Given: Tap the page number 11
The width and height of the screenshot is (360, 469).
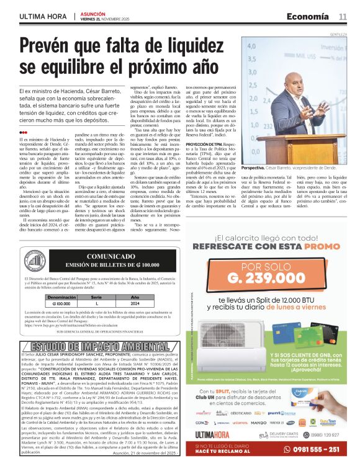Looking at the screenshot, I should point(342,16).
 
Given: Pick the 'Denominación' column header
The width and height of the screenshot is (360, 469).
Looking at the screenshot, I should point(61,298).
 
